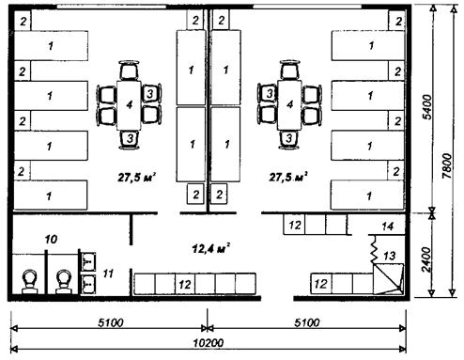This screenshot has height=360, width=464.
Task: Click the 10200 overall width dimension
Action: [209, 343]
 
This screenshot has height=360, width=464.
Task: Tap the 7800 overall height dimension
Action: [447, 166]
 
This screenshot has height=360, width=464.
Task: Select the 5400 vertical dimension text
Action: [426, 107]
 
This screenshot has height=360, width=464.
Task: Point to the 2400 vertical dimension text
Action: [426, 259]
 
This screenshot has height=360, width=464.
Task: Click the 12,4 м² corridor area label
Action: [211, 249]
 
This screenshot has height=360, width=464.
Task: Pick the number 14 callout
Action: [387, 227]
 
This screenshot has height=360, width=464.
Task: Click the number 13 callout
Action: [389, 256]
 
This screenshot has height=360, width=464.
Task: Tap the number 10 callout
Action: [51, 240]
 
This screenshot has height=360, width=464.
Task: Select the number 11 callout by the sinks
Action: [108, 274]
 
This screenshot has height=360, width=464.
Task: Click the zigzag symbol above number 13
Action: [374, 250]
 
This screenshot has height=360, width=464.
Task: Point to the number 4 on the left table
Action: [130, 104]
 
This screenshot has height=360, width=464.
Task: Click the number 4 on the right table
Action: [289, 104]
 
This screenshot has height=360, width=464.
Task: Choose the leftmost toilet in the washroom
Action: [30, 282]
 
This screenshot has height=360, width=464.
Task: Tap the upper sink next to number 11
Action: [87, 261]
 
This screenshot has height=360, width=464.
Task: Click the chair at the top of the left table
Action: [129, 70]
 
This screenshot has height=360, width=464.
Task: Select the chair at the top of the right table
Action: [290, 70]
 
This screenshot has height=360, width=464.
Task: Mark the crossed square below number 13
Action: [388, 279]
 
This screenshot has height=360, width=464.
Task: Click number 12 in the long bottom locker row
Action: [185, 284]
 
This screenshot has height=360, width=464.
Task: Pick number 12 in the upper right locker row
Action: [295, 225]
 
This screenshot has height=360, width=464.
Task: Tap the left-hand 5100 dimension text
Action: [111, 322]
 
